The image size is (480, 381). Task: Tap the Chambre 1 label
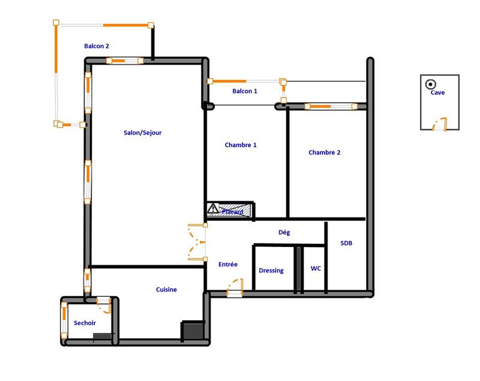coord(241,145)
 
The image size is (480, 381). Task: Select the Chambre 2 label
coord(324,153)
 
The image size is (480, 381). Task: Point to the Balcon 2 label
coord(97,46)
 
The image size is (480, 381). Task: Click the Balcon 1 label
coord(245,91)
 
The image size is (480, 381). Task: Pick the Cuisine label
coord(166,290)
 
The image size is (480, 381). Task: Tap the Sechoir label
coord(85,323)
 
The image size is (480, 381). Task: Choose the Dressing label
coord(271,270)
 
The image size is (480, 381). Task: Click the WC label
coord(316,269)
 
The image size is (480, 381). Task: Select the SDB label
coord(347,244)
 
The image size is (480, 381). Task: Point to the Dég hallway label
coord(285,231)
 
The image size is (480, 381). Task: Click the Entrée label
coord(228,264)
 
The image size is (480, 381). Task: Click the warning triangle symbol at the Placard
coord(213,209)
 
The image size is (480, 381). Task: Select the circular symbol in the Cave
coord(430,84)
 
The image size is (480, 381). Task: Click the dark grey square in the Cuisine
coord(192,329)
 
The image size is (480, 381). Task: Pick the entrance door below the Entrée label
coord(235,287)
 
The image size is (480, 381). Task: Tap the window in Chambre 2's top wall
coord(327,106)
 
